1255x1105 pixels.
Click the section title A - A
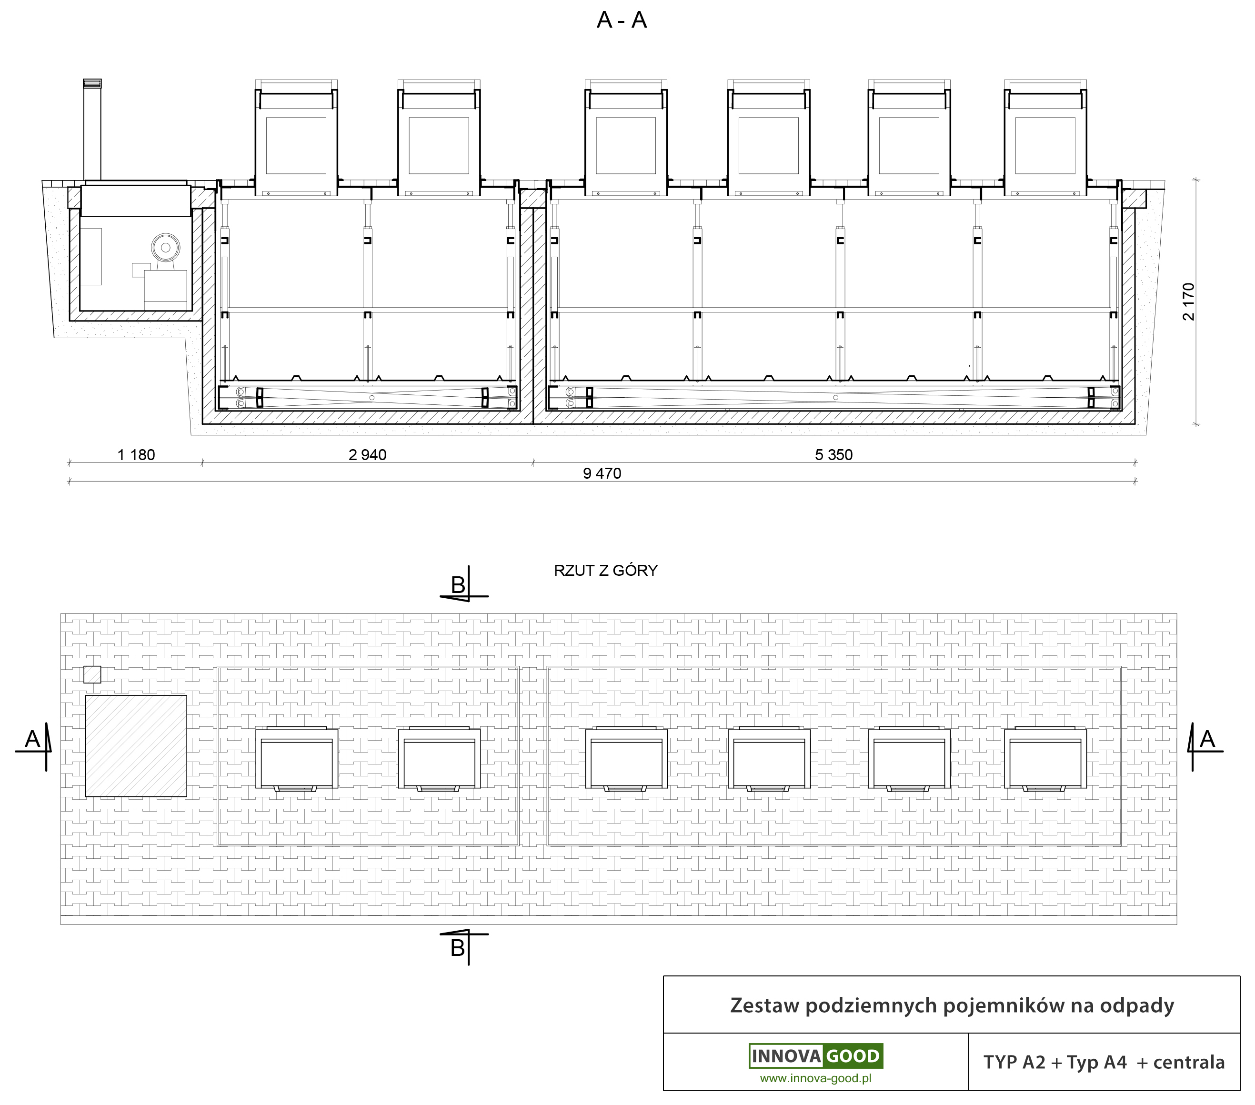click(x=622, y=20)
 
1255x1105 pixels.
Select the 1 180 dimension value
click(x=136, y=455)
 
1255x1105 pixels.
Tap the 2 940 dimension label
click(x=367, y=455)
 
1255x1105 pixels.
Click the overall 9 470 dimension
click(x=602, y=473)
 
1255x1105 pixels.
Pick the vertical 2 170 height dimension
click(x=1189, y=301)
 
